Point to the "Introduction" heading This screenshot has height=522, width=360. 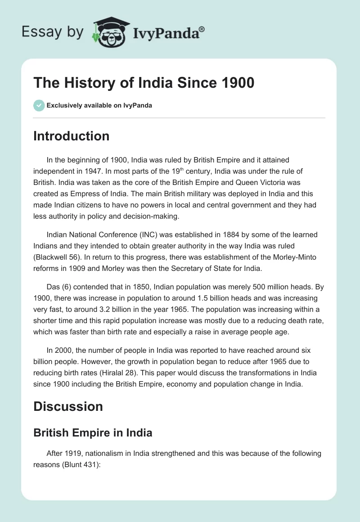(71, 136)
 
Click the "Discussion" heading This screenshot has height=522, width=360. (68, 406)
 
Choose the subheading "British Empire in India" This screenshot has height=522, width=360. (93, 433)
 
